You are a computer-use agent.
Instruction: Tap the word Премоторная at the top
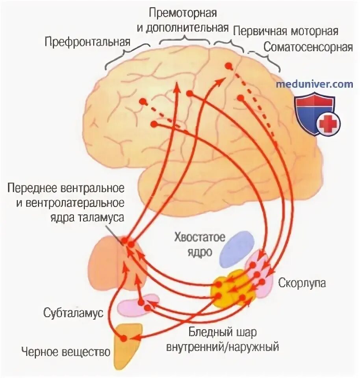point(183,13)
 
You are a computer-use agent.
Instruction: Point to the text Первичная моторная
point(286,31)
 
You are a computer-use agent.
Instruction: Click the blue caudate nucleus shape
point(236,248)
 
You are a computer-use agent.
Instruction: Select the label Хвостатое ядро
point(200,244)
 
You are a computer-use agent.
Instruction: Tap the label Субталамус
point(73,314)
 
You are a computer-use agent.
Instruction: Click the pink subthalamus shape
point(138,306)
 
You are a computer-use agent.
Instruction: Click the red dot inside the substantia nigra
point(124,338)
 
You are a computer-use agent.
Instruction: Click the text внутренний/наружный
point(223,347)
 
